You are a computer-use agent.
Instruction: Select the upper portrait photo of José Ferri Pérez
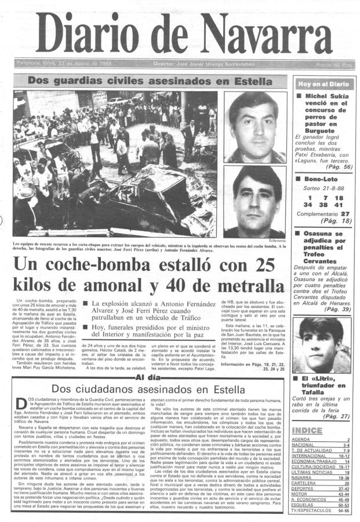(255, 126)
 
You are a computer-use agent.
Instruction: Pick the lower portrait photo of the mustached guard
(255, 200)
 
